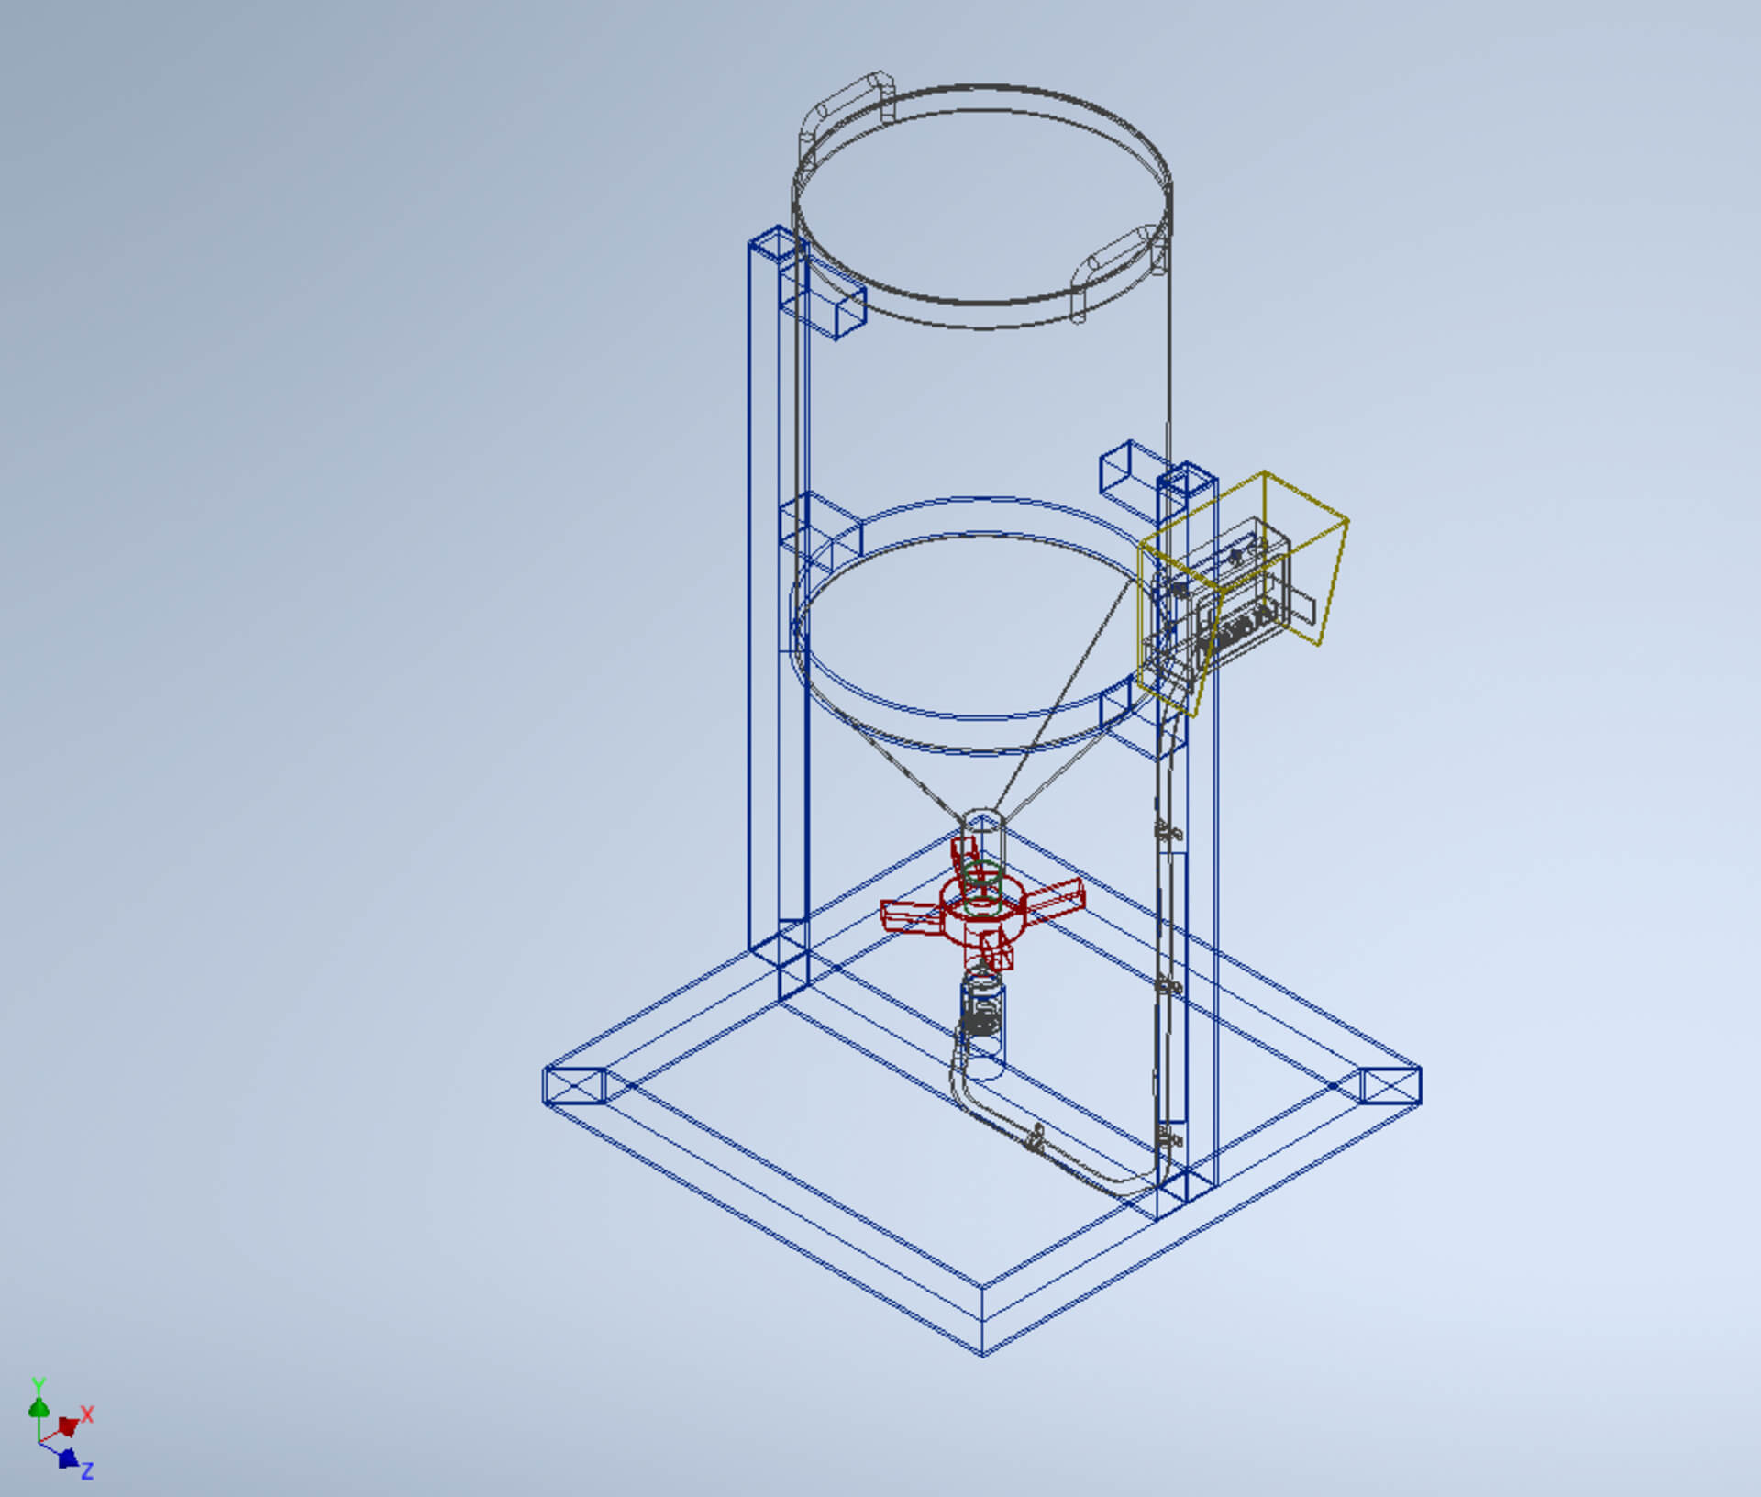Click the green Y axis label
point(38,1385)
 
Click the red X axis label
point(87,1414)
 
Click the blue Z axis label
point(87,1471)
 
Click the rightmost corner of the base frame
point(1418,1086)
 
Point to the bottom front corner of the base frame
point(982,1352)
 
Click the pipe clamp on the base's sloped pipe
point(1036,1138)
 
